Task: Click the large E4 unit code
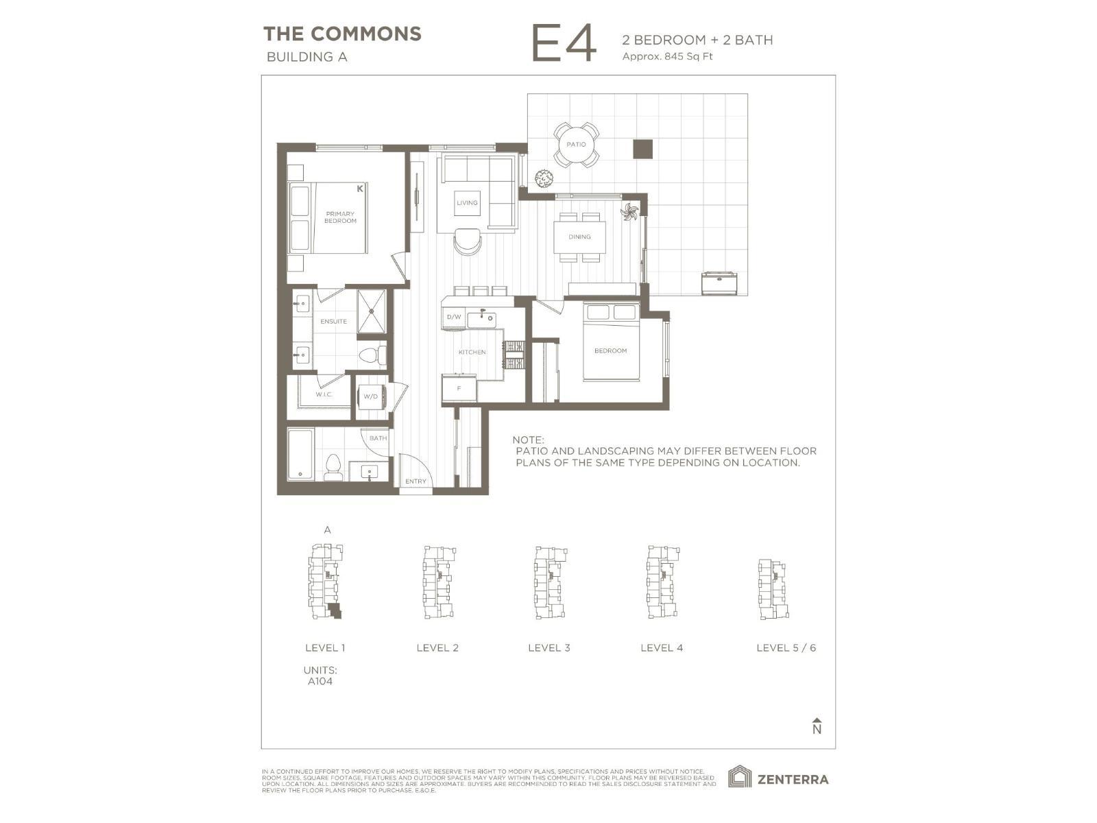[564, 45]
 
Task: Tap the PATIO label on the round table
[576, 145]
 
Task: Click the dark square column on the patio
[642, 150]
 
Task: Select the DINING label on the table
[579, 237]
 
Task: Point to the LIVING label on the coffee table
[467, 203]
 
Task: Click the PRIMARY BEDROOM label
[340, 217]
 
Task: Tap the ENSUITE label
[334, 321]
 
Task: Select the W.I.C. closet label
[324, 394]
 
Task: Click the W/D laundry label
[371, 396]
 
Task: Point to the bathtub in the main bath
[300, 455]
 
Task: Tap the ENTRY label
[415, 481]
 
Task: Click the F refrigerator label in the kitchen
[459, 389]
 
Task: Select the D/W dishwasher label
[454, 317]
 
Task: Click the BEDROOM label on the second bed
[610, 350]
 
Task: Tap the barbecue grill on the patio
[719, 283]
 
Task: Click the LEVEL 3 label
[548, 647]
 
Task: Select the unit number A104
[320, 681]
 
